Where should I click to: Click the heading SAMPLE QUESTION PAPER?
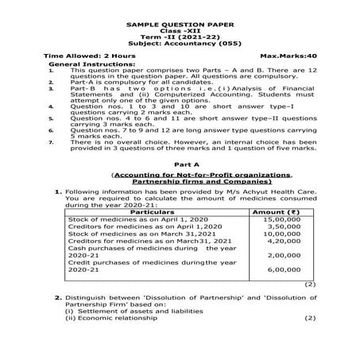tap(180, 25)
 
